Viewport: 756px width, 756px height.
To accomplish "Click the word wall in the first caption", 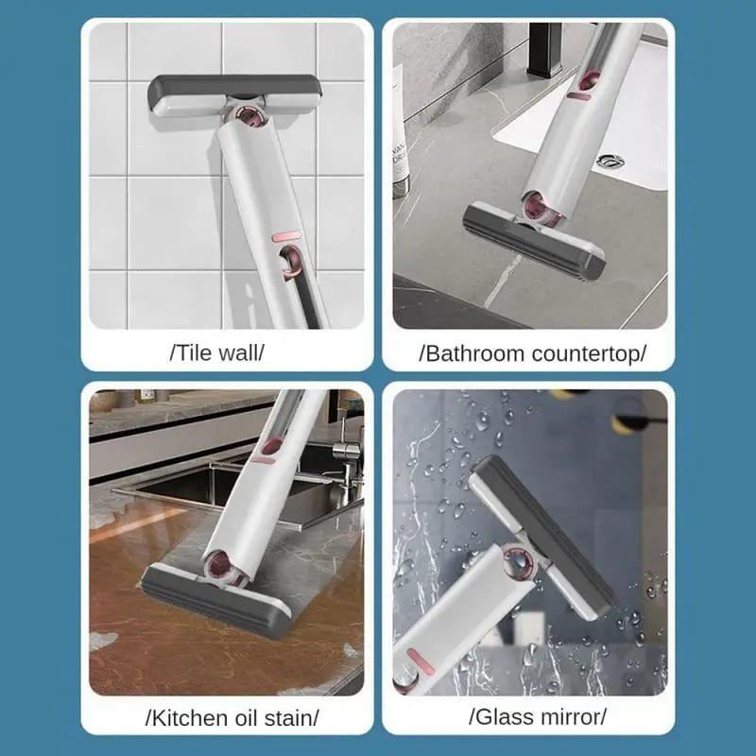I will [238, 352].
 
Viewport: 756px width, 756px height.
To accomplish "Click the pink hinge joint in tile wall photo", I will [251, 117].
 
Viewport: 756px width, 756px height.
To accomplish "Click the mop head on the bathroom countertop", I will [533, 242].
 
